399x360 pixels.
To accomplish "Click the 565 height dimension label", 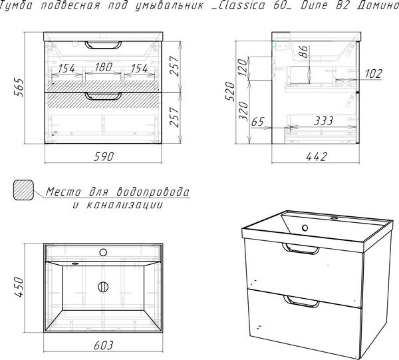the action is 19,87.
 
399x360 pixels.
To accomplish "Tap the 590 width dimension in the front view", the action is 104,156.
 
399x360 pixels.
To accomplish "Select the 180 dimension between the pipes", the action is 104,67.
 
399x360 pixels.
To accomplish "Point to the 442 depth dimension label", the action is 317,156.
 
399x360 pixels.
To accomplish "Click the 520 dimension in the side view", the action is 231,91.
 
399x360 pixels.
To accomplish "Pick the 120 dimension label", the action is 243,67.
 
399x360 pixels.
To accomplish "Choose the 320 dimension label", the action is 243,111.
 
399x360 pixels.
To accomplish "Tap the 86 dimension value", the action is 304,51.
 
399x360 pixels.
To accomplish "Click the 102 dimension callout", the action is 374,74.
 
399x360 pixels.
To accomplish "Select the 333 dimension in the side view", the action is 323,121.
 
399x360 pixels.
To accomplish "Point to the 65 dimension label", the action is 258,122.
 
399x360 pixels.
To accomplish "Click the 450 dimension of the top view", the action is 19,287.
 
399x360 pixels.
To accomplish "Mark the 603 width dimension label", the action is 103,345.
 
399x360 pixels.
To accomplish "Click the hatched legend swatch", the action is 23,190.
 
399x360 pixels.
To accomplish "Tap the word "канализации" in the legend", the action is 125,205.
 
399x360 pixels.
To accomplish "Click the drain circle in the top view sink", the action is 103,287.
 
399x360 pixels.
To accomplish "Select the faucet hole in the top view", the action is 103,253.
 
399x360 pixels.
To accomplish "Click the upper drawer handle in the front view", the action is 103,45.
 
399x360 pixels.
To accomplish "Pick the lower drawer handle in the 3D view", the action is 301,301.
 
